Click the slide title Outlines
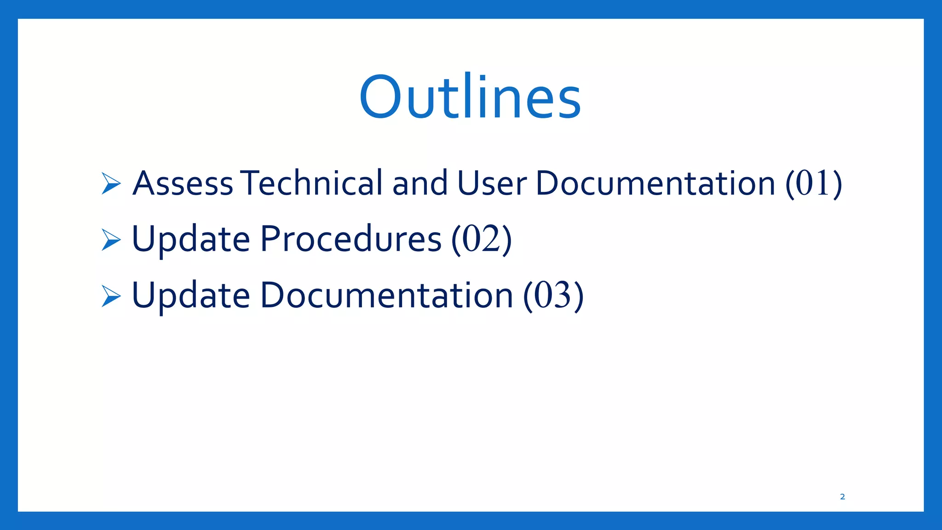[470, 98]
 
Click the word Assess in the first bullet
[183, 183]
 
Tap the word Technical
[311, 183]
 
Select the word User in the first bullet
[492, 183]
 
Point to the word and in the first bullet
[419, 183]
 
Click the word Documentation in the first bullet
[655, 183]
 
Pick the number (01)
[813, 183]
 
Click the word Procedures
[350, 239]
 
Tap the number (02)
[481, 239]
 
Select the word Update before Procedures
[190, 239]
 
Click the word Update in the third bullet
[190, 295]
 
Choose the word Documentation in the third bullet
[386, 295]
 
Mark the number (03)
[553, 295]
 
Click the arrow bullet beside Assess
[111, 184]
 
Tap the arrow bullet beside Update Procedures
[111, 240]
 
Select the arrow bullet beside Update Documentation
[111, 296]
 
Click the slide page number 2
[842, 497]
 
